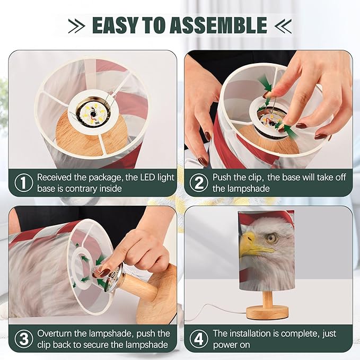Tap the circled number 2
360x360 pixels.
(199, 183)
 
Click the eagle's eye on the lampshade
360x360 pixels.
(271, 238)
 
